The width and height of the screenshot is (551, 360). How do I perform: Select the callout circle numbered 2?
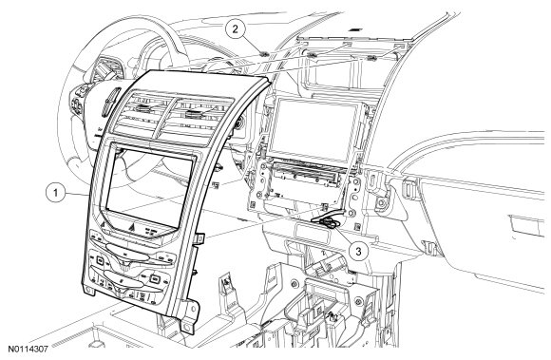235,28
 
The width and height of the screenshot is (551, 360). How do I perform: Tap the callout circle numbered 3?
358,252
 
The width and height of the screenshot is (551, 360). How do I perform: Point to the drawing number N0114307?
28,350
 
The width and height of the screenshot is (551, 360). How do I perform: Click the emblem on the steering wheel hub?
110,101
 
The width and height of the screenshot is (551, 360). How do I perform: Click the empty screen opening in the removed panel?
149,187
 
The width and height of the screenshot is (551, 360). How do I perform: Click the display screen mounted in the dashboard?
314,128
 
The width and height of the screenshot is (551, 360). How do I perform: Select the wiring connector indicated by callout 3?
328,223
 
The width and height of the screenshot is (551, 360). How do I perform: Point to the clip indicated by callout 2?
264,54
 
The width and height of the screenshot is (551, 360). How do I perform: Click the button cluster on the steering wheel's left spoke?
78,101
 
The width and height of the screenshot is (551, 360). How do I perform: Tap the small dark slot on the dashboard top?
357,29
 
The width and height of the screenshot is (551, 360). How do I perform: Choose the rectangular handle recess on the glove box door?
525,226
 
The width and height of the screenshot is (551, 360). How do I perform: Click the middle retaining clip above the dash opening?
310,55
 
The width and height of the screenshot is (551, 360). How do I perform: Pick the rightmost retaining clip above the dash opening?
371,58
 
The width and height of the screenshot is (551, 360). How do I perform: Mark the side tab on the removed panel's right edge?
199,239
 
